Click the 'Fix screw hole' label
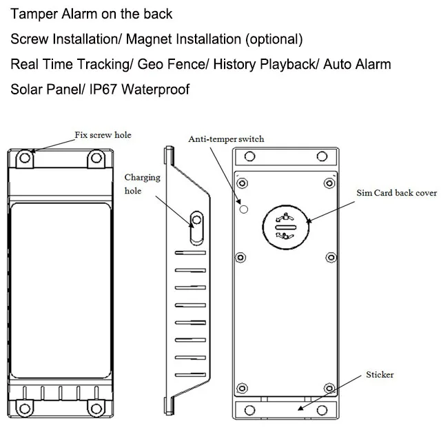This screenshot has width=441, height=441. pos(103,134)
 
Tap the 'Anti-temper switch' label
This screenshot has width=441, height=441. pos(226,139)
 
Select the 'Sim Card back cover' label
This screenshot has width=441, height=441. pos(396,193)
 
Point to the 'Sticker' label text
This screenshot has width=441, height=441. pos(380,375)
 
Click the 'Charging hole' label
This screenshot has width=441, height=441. pos(142,183)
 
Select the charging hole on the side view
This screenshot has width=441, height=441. pos(196,221)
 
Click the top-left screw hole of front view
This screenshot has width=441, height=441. pos(24,159)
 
